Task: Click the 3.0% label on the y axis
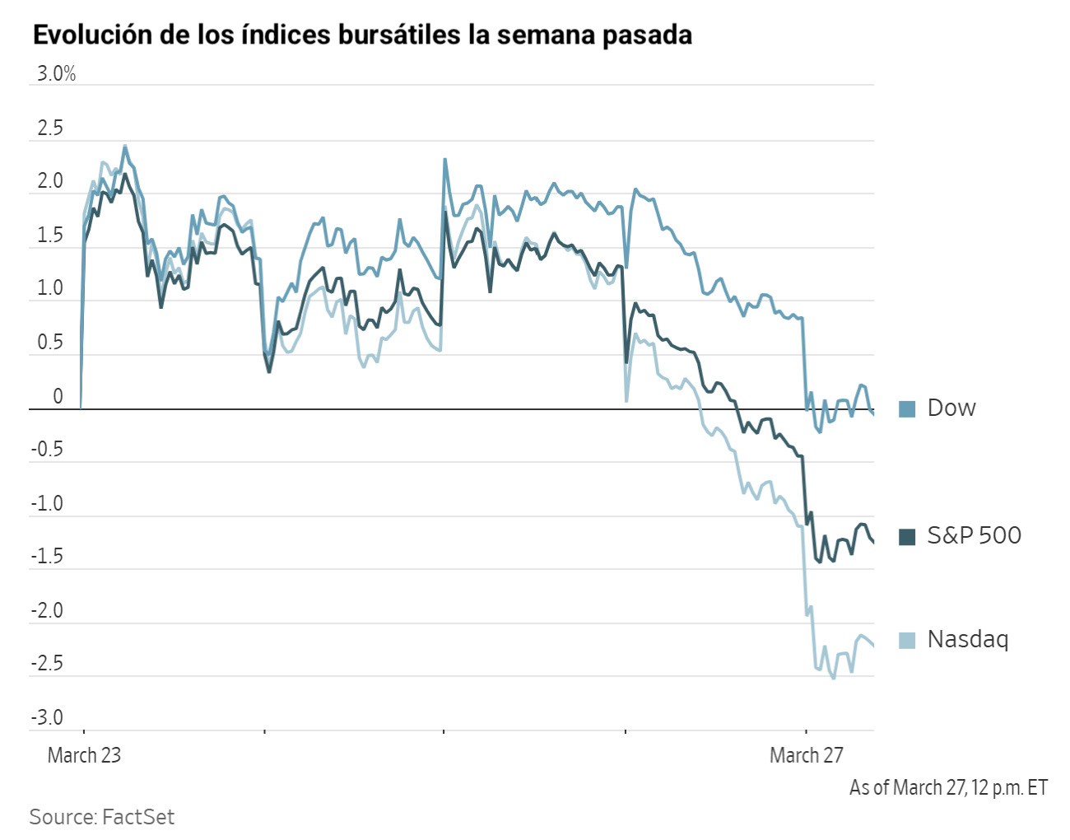tap(56, 74)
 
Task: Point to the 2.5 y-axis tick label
tap(49, 128)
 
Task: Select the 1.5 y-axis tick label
tap(49, 236)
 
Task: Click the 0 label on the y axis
tap(58, 396)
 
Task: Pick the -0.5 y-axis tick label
tap(47, 450)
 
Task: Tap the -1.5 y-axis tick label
tap(47, 557)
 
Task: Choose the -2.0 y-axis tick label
tap(47, 610)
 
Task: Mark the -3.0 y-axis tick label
tap(47, 717)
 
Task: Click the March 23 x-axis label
tap(84, 755)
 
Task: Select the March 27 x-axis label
tap(806, 755)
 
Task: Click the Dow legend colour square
tap(907, 408)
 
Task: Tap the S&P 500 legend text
tap(974, 535)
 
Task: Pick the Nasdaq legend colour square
tap(907, 640)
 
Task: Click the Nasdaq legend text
tap(967, 639)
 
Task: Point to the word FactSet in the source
tap(138, 817)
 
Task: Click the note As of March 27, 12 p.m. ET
tap(948, 788)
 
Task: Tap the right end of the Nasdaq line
tap(873, 646)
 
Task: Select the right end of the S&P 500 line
tap(873, 541)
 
